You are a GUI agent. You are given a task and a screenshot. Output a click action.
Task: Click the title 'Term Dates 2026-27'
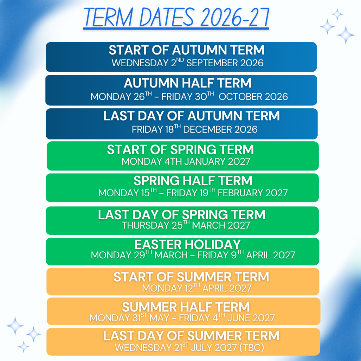click(x=176, y=18)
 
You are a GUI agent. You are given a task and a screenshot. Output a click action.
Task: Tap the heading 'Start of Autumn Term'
click(x=187, y=50)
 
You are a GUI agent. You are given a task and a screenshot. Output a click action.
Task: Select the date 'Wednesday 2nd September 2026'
click(x=188, y=63)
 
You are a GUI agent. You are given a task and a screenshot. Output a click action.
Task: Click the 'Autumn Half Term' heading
click(x=188, y=83)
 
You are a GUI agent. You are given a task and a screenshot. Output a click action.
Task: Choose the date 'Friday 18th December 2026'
click(x=195, y=129)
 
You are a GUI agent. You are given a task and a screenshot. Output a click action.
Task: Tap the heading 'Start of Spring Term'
click(x=180, y=149)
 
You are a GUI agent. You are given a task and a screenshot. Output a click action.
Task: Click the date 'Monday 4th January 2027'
click(x=186, y=161)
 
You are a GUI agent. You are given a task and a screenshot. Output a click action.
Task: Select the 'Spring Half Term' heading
click(x=193, y=181)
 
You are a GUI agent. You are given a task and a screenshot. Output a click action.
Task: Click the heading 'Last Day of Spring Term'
click(x=182, y=215)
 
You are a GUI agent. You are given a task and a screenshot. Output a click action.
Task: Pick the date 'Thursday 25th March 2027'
click(x=186, y=225)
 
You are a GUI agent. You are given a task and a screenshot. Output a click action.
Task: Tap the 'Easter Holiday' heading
click(x=188, y=244)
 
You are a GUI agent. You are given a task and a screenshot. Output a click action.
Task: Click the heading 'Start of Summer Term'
click(x=191, y=277)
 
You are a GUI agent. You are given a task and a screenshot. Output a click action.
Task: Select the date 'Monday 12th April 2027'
click(x=197, y=288)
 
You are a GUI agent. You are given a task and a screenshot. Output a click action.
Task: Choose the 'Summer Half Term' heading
click(x=186, y=307)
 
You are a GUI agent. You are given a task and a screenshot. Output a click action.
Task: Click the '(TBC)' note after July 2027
click(x=252, y=348)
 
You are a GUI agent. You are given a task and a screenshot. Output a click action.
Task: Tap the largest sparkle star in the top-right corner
click(x=345, y=35)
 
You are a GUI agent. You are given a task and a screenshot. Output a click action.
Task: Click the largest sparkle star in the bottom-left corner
click(x=15, y=325)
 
